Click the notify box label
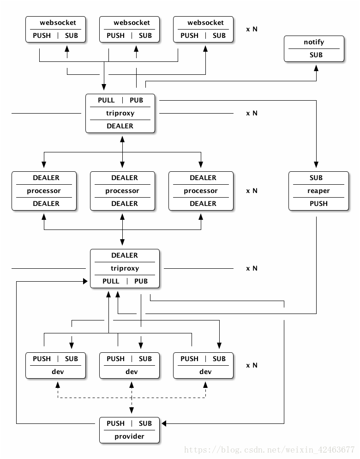click(314, 42)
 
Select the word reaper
click(318, 191)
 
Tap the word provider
click(129, 436)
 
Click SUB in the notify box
click(316, 55)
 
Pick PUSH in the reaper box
click(318, 204)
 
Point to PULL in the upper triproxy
click(106, 100)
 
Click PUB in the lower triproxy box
click(141, 281)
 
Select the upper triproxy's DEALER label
click(120, 126)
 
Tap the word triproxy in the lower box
click(125, 268)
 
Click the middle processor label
click(122, 191)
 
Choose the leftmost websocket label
click(58, 23)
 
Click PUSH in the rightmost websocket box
click(189, 36)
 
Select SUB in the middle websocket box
click(145, 36)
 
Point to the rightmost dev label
click(205, 372)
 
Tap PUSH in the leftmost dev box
click(42, 359)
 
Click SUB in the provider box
click(145, 423)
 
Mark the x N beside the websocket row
click(252, 29)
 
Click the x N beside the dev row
click(252, 365)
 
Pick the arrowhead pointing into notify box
click(316, 68)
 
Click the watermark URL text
click(269, 450)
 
